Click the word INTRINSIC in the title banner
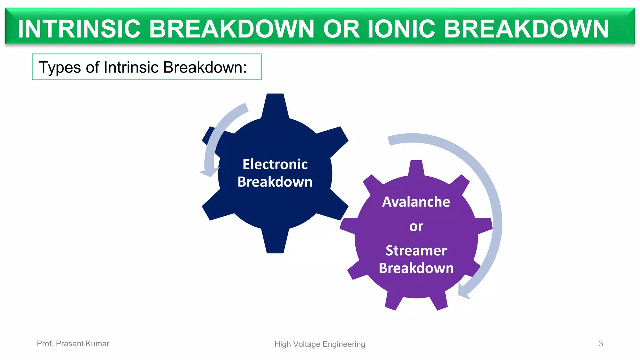tap(79, 29)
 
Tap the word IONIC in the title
tap(401, 29)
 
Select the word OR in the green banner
tap(341, 29)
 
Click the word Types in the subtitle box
tap(60, 67)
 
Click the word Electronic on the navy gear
tap(275, 164)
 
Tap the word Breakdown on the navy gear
tap(275, 182)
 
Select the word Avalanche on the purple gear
tap(416, 202)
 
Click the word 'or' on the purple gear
tap(416, 226)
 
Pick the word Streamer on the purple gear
tap(416, 251)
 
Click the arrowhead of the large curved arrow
tap(464, 292)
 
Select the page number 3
tap(600, 343)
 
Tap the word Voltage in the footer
tap(308, 344)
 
